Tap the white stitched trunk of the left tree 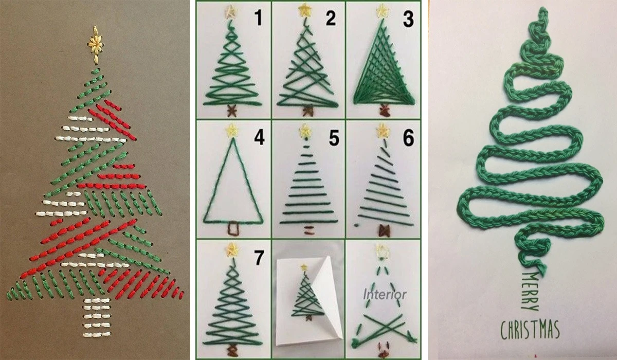[x=97, y=318]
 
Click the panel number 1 [x=258, y=18]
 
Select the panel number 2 [x=331, y=18]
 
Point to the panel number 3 [x=408, y=19]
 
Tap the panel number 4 [x=259, y=137]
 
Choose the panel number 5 [x=334, y=138]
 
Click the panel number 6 [x=408, y=138]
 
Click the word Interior [x=385, y=295]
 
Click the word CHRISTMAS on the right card [x=530, y=330]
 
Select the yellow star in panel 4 [x=232, y=131]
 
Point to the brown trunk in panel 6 [x=384, y=230]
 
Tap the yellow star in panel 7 [x=233, y=249]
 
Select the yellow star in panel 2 [x=304, y=10]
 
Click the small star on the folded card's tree [x=304, y=267]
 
